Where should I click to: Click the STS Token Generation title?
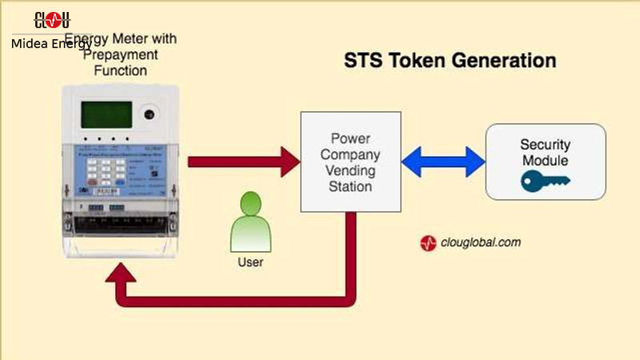[x=450, y=61]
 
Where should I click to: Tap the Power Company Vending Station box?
[x=351, y=162]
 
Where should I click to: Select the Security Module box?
[x=546, y=162]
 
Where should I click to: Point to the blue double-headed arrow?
[x=443, y=162]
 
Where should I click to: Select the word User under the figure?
[x=250, y=262]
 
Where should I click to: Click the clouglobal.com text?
[x=481, y=243]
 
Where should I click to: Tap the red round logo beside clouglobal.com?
[x=429, y=244]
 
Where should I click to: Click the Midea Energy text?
[x=51, y=44]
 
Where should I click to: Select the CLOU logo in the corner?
[x=52, y=20]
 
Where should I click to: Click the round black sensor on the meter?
[x=149, y=114]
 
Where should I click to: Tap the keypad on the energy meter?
[x=106, y=170]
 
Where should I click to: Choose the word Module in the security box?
[x=546, y=161]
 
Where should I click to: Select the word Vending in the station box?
[x=351, y=170]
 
